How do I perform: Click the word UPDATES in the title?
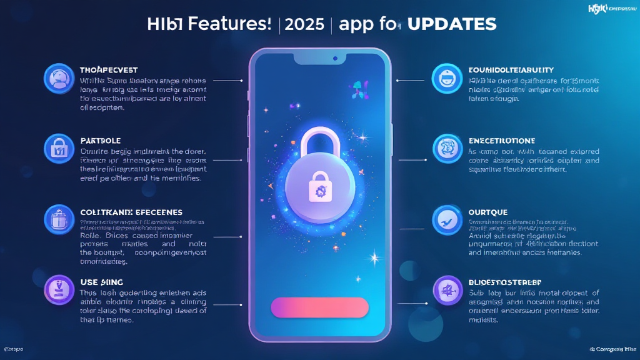click(x=451, y=24)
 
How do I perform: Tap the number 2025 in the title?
click(x=304, y=24)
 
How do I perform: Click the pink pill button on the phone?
click(x=319, y=307)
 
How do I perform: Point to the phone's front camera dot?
click(x=336, y=58)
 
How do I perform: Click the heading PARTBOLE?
click(x=101, y=141)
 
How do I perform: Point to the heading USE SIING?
click(x=102, y=282)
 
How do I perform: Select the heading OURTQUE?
click(x=488, y=212)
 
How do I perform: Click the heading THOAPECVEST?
click(x=109, y=70)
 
